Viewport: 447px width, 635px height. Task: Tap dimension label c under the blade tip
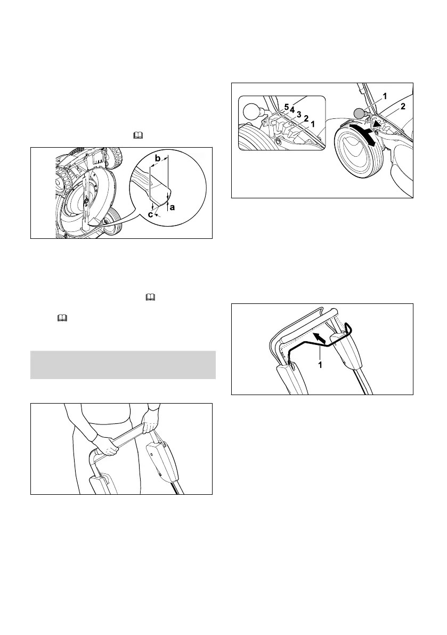150,214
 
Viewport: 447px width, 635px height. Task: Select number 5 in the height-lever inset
286,108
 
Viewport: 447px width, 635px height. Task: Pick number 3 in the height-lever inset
299,115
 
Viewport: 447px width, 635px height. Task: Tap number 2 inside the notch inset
306,118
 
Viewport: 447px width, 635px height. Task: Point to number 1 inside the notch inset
313,123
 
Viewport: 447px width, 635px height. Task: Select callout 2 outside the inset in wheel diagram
403,107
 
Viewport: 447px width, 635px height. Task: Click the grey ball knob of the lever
360,112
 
